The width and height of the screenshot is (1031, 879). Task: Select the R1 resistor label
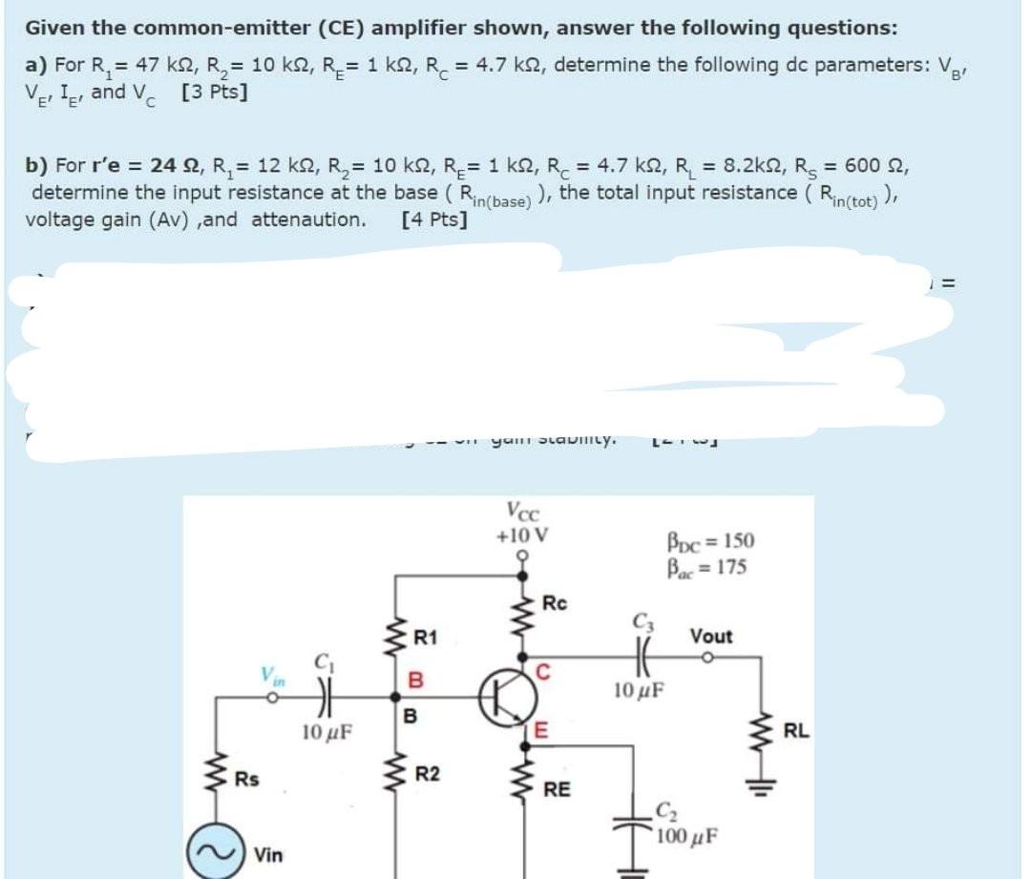click(x=426, y=637)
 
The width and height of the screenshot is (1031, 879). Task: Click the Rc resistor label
click(x=555, y=602)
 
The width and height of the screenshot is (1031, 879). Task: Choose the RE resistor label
click(x=558, y=789)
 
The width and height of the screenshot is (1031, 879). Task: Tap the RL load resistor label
click(x=796, y=733)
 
